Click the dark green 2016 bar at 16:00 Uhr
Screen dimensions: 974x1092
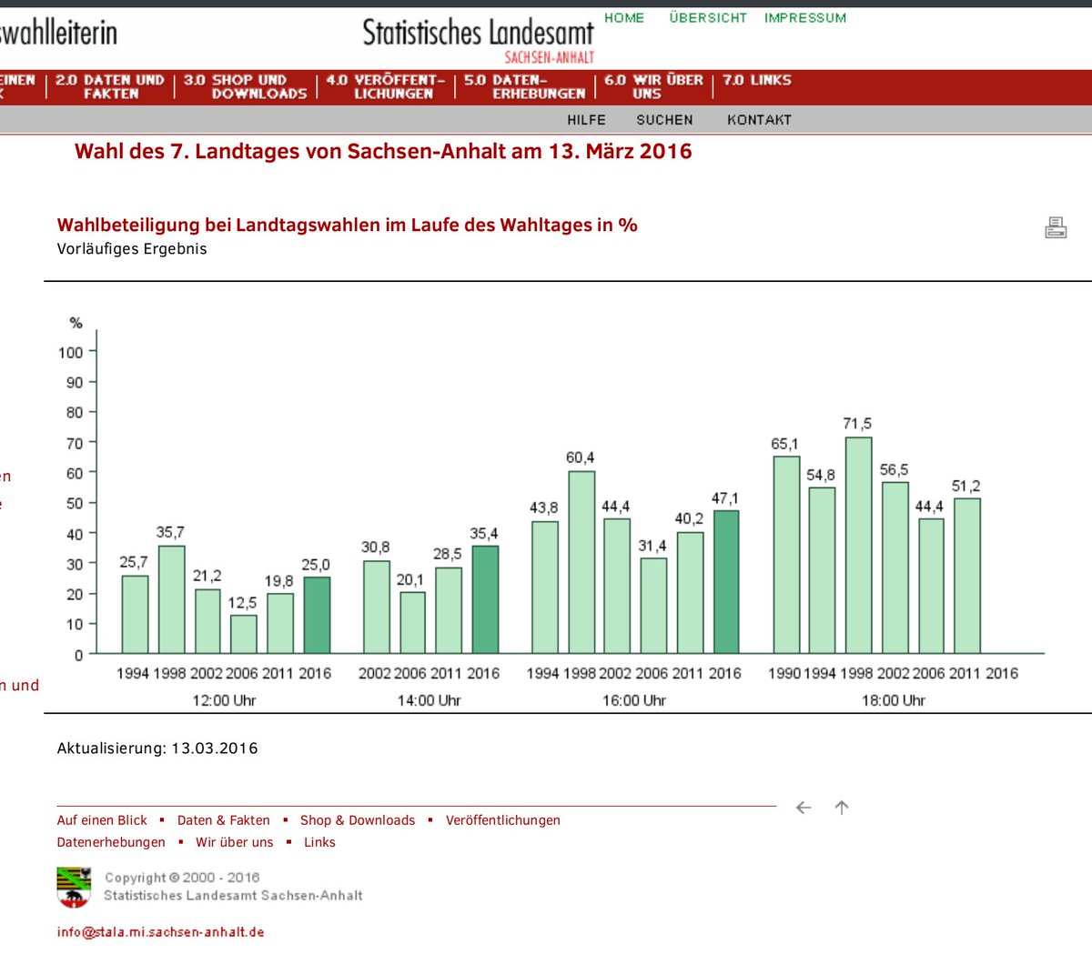725,582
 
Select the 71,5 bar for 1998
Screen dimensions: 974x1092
858,546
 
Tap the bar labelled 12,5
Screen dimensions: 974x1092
243,634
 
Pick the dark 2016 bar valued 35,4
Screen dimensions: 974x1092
485,599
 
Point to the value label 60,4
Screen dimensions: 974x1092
580,457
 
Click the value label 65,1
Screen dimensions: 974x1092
784,444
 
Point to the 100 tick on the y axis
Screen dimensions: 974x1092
71,353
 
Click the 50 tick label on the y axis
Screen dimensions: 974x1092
74,504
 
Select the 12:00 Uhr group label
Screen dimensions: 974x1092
224,700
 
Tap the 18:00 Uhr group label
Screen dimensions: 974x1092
893,700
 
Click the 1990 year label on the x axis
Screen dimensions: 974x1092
784,674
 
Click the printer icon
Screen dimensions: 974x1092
1056,227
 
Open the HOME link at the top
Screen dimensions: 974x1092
624,18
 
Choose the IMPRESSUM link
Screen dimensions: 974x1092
805,18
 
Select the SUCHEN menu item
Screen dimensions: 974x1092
664,120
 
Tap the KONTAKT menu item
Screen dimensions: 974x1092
759,120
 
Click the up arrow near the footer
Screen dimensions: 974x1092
842,808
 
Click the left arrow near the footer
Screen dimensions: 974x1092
804,808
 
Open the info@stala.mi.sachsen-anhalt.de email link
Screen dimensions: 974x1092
160,932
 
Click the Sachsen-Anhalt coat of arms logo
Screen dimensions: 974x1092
74,888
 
